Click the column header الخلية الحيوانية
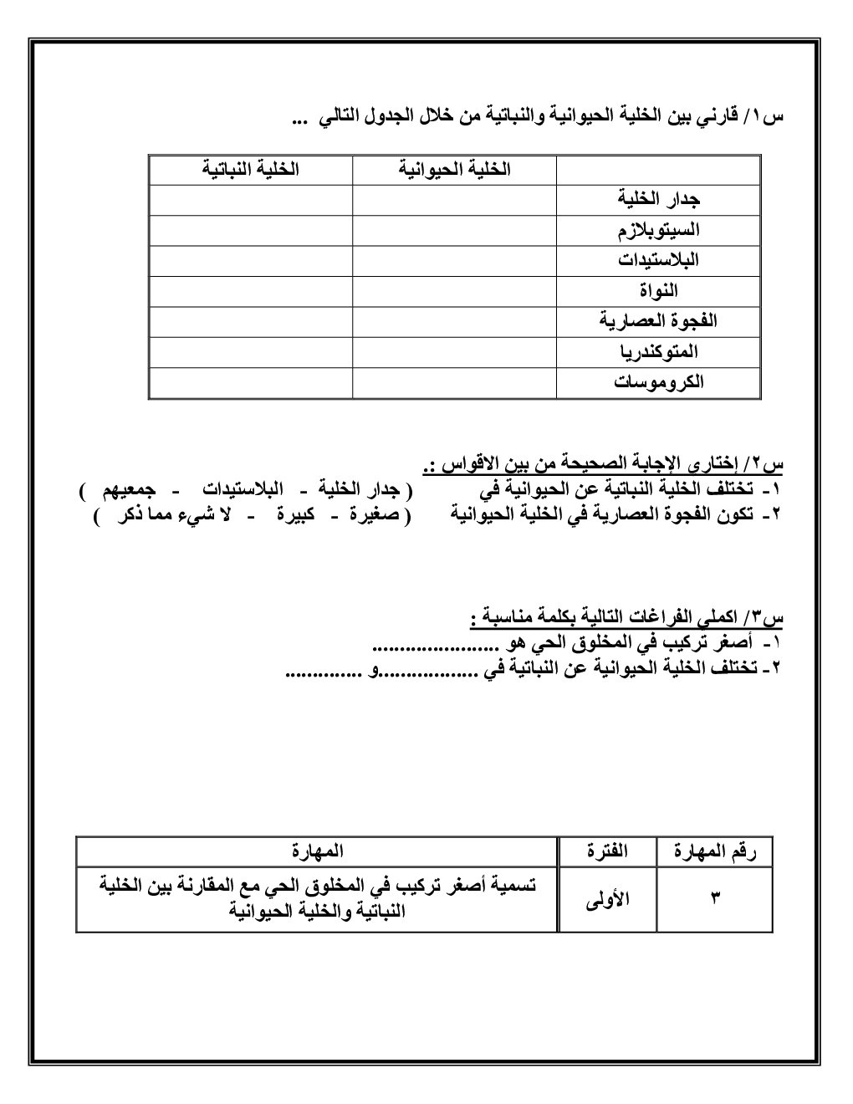pyautogui.click(x=454, y=170)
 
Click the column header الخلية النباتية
pyautogui.click(x=250, y=170)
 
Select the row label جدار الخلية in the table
pyautogui.click(x=658, y=200)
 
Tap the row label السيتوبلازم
pyautogui.click(x=658, y=230)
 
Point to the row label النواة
pyautogui.click(x=658, y=291)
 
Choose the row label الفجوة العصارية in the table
pyautogui.click(x=658, y=321)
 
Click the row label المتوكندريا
pyautogui.click(x=658, y=352)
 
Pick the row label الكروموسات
pyautogui.click(x=658, y=382)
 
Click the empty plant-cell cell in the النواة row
pyautogui.click(x=250, y=291)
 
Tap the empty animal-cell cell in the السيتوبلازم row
pyautogui.click(x=454, y=230)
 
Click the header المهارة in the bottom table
pyautogui.click(x=317, y=851)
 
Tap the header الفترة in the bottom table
pyautogui.click(x=607, y=851)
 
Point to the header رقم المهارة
pyautogui.click(x=714, y=851)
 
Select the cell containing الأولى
pyautogui.click(x=607, y=899)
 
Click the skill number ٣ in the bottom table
pyautogui.click(x=715, y=899)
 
